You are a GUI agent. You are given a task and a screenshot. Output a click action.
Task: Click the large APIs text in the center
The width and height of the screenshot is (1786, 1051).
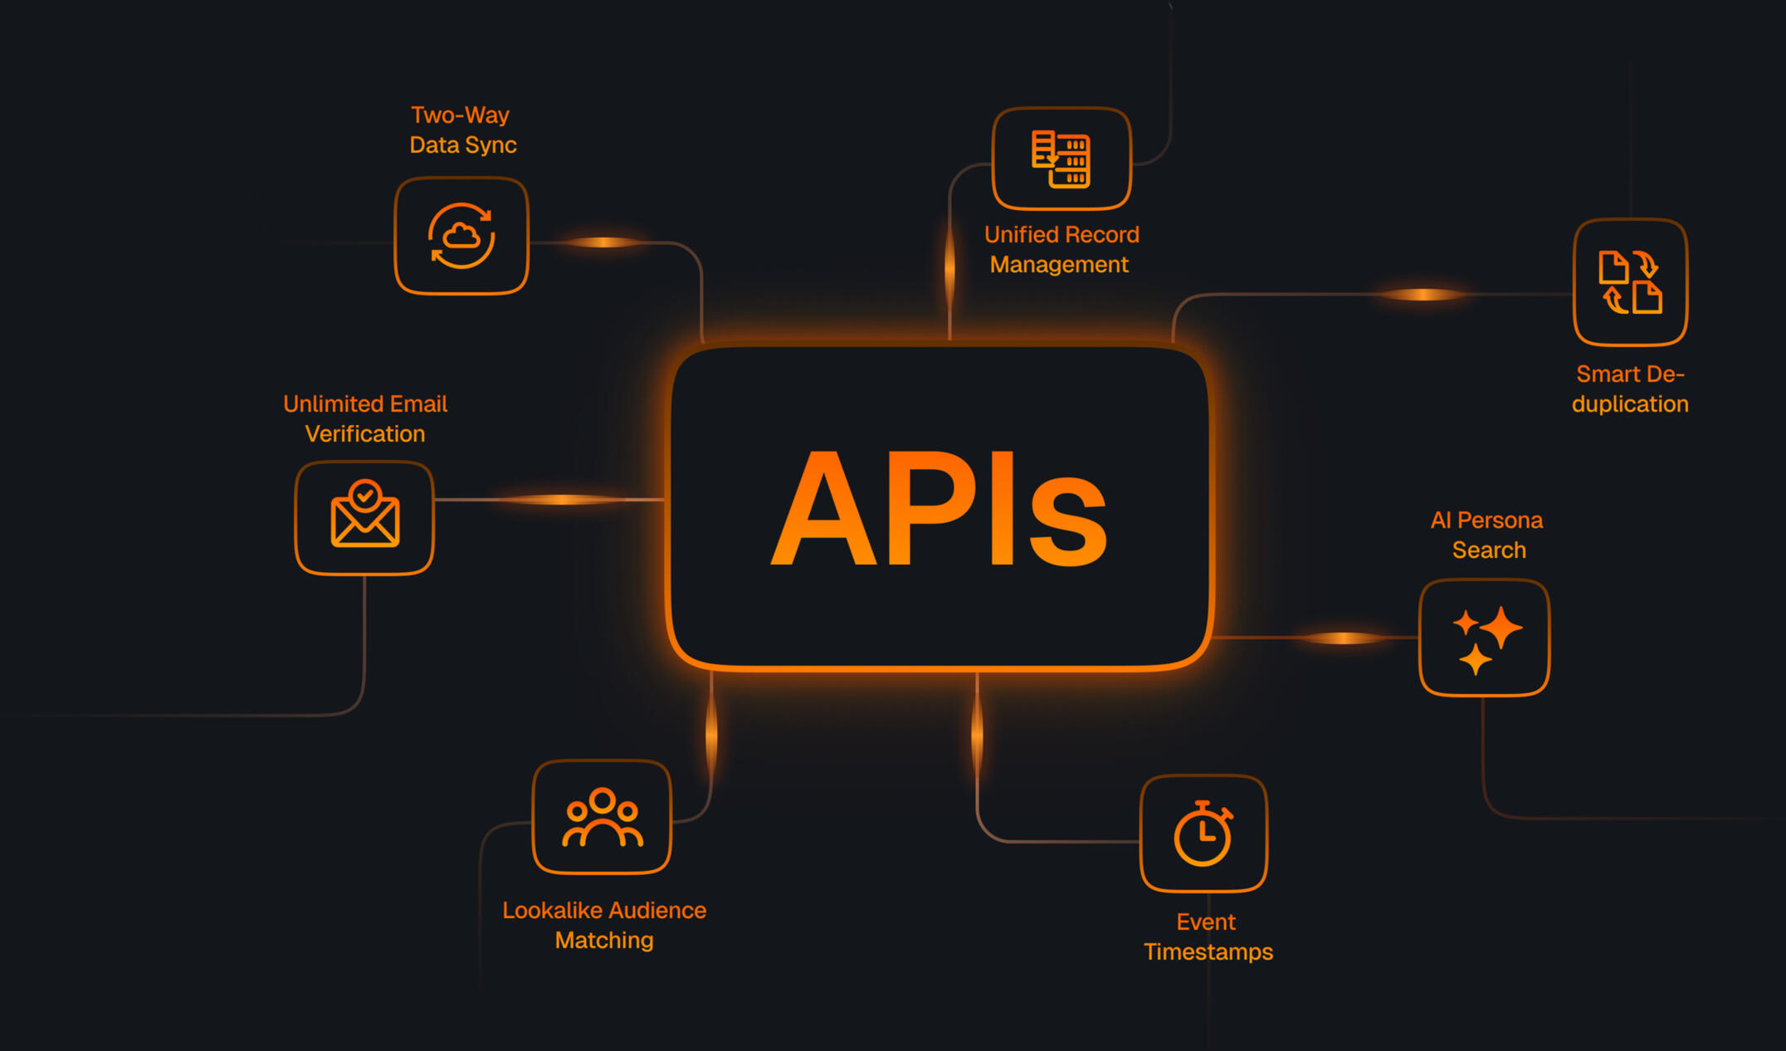939,508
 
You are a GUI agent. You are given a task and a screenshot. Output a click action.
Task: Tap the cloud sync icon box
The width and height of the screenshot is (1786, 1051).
461,236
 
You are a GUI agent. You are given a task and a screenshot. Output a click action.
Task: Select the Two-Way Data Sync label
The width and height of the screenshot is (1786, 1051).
462,130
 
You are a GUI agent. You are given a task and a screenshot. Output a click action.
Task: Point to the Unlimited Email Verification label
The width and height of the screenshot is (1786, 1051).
365,418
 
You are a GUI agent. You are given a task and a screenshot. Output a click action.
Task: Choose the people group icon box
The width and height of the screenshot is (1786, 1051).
602,817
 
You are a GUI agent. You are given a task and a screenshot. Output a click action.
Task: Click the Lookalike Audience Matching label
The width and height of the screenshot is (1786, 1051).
604,925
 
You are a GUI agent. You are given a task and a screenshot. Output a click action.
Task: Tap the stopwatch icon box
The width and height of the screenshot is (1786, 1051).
1203,833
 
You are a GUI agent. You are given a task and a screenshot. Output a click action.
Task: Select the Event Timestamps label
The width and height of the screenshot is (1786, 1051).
1208,936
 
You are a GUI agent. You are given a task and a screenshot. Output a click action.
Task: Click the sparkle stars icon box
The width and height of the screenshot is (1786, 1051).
1484,638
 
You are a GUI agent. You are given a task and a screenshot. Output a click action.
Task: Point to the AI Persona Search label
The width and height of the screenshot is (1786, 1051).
1487,535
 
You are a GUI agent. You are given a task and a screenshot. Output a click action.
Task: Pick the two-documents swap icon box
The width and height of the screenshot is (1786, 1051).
1630,282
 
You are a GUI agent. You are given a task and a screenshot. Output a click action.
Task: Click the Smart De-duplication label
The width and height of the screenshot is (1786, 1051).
1630,389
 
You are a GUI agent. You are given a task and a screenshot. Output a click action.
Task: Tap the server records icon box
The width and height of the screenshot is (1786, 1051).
1061,159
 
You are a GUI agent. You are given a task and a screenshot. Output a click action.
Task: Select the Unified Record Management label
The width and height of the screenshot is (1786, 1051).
1061,249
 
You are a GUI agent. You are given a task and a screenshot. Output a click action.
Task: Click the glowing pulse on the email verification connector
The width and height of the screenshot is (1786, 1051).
562,499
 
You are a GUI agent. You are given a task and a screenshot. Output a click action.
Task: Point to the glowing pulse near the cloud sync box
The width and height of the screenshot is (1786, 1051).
604,242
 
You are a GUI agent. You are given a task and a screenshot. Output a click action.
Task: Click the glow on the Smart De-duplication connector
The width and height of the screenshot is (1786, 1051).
1422,294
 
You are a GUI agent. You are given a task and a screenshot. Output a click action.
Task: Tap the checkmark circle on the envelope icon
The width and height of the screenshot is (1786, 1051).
364,496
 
